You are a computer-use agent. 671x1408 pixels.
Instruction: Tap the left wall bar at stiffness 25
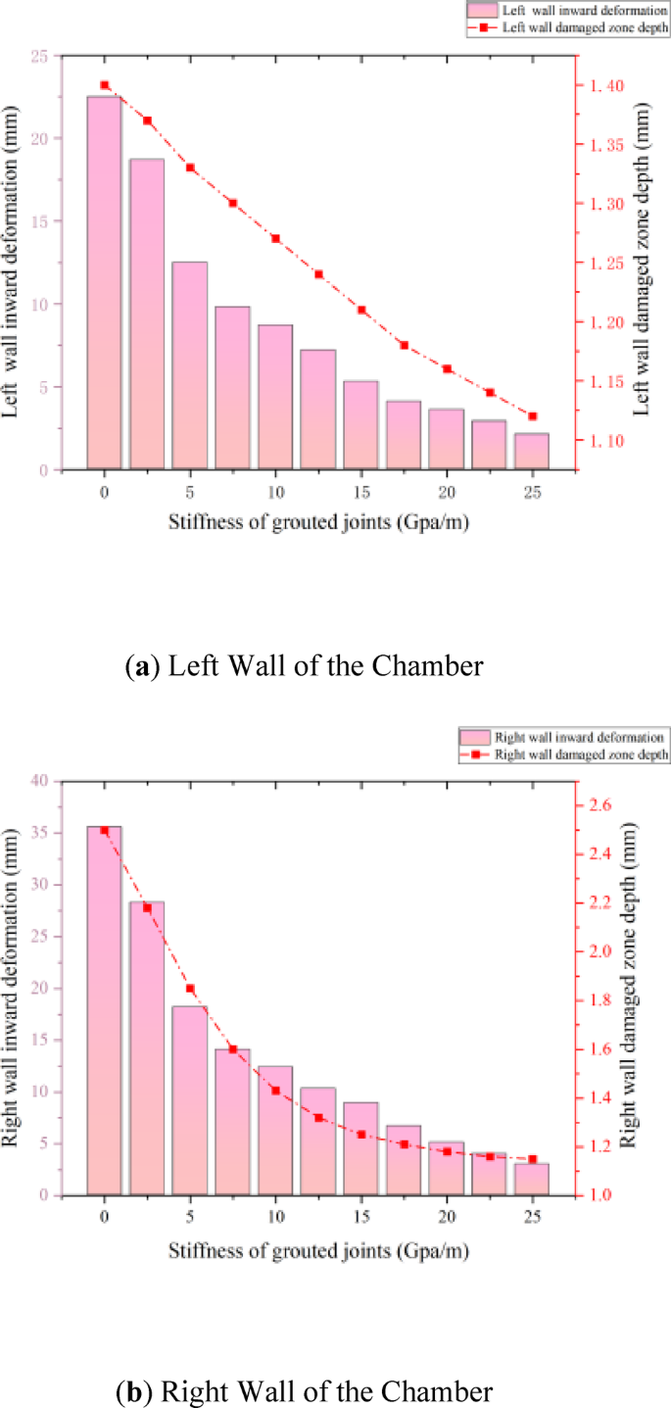point(532,452)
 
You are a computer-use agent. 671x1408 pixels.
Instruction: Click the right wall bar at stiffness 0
point(104,1010)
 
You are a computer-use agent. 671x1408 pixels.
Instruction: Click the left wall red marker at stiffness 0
point(105,85)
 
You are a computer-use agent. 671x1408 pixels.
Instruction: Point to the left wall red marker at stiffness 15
point(361,310)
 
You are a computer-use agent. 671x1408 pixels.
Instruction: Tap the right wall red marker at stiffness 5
point(190,989)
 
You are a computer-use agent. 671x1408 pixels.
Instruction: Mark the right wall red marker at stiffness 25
point(532,1159)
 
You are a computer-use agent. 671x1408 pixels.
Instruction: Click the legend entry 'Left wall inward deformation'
point(569,10)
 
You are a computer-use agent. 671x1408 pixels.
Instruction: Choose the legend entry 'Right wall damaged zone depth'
point(569,754)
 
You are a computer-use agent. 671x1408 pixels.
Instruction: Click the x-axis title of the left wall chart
point(317,522)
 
